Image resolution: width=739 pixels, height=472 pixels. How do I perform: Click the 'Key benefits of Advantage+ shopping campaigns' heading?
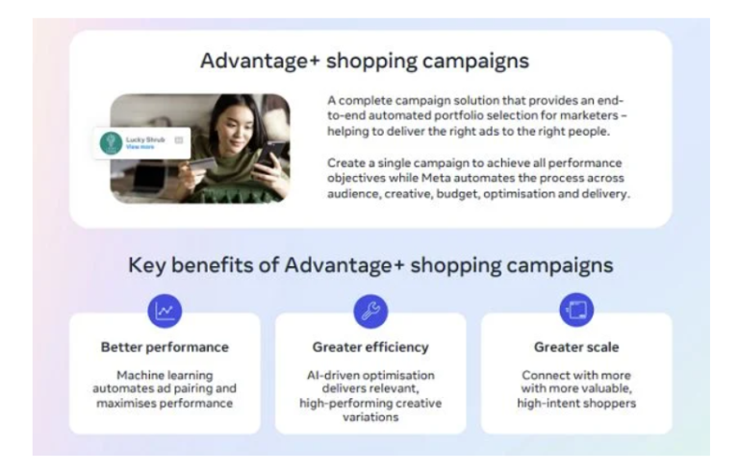coord(370,264)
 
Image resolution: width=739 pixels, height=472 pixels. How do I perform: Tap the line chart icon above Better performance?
coord(165,310)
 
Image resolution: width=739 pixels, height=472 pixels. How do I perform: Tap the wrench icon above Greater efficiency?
coord(370,310)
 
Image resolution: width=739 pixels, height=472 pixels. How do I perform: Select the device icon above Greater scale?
coord(576,310)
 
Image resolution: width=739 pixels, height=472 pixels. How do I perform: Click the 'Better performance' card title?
coord(165,346)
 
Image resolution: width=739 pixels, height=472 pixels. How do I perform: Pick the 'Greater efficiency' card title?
coord(370,346)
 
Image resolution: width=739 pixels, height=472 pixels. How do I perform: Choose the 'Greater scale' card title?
coord(576,346)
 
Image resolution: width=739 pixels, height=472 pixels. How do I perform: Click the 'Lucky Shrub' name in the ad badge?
coord(145,140)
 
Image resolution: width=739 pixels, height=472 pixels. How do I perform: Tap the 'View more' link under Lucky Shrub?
coord(140,148)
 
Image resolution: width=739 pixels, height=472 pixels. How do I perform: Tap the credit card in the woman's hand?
coord(205,164)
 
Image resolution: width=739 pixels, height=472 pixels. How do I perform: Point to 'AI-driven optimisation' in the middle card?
coord(370,374)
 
